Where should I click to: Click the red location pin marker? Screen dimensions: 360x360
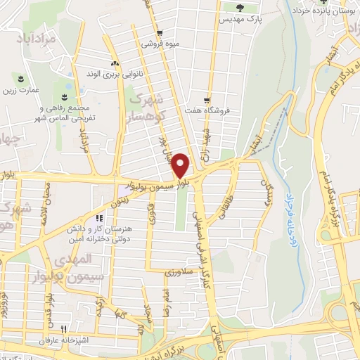pyautogui.click(x=181, y=165)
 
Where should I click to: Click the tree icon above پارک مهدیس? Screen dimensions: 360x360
pyautogui.click(x=240, y=8)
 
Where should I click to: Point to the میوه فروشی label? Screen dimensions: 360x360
pyautogui.click(x=161, y=44)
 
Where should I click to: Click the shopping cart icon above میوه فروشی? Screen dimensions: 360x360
pyautogui.click(x=160, y=32)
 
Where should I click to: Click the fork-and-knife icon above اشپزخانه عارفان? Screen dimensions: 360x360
pyautogui.click(x=63, y=328)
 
